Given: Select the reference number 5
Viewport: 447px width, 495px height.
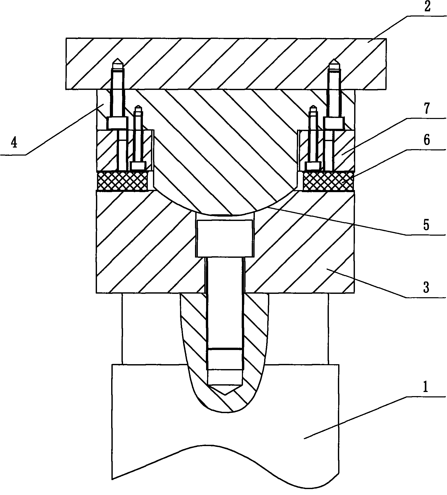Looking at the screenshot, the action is pyautogui.click(x=427, y=225).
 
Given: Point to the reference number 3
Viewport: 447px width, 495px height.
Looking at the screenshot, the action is pyautogui.click(x=426, y=287).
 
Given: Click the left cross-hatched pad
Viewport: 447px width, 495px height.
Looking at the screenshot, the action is pyautogui.click(x=122, y=181).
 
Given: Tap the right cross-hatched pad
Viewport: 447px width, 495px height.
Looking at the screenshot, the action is pyautogui.click(x=328, y=181).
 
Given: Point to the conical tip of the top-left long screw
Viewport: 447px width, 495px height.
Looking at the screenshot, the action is pyautogui.click(x=118, y=61).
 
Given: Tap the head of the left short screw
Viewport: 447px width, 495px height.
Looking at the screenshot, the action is pyautogui.click(x=138, y=166).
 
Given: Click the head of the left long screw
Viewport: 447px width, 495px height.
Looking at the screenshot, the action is pyautogui.click(x=118, y=123).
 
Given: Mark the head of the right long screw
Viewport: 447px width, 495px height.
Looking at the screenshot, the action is pyautogui.click(x=334, y=123).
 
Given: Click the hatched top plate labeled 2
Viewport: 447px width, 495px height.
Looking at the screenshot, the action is pyautogui.click(x=226, y=64).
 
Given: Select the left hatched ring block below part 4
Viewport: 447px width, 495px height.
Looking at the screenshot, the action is pyautogui.click(x=125, y=151).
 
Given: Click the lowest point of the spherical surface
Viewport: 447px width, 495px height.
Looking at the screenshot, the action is pyautogui.click(x=225, y=214).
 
